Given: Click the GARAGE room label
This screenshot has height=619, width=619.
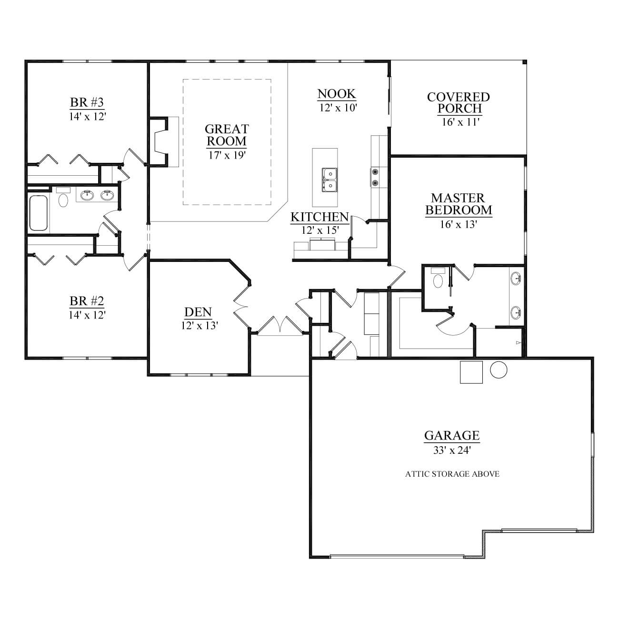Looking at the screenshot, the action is pos(452,436).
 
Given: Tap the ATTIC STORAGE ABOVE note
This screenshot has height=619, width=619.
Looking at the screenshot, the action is pos(452,474).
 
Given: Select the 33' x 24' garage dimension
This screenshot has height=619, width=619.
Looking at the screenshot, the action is pos(452,450).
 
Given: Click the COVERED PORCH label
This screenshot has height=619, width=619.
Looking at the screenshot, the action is pos(459,103).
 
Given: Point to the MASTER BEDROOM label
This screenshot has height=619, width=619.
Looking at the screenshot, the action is pos(459,204).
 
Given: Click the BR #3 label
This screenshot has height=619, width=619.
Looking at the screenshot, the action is pos(87,102).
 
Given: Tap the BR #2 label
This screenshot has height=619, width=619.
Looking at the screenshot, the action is pos(87,301).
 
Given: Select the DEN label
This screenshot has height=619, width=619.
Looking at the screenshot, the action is pos(198,312).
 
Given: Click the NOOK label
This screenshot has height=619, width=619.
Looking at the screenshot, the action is pos(337,94).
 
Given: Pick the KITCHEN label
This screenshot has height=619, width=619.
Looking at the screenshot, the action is pos(319,217).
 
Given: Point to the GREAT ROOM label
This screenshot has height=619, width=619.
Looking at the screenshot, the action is pos(227,135).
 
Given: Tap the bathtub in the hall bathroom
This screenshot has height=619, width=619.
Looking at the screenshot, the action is pos(38,213).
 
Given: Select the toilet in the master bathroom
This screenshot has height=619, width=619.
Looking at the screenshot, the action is pos(438,278).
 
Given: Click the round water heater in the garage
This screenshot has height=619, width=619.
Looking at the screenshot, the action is pos(499,369).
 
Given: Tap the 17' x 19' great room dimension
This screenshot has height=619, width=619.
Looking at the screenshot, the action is pos(227,155).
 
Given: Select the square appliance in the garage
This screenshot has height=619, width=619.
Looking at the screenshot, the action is pos(471,372).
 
